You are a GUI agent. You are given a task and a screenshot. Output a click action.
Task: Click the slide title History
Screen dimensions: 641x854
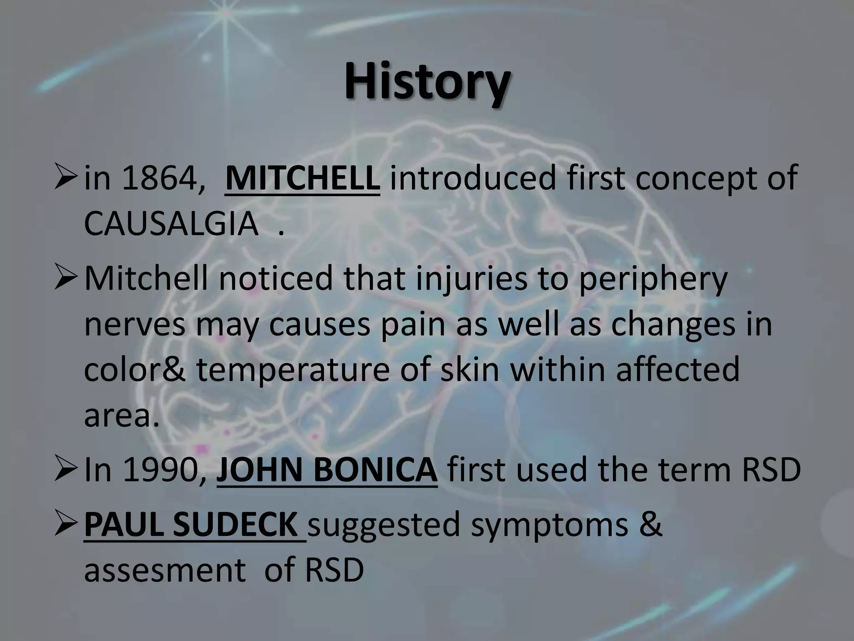(426, 82)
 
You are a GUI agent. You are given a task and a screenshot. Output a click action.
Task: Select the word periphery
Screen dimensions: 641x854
(653, 279)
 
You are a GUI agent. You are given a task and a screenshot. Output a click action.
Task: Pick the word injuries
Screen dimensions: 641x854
(471, 279)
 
